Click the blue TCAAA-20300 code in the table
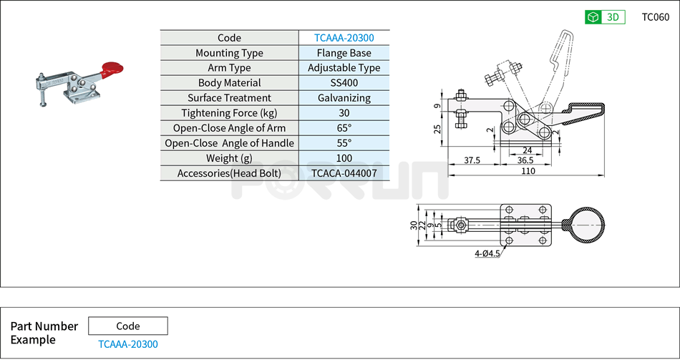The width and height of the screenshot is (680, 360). click(x=344, y=38)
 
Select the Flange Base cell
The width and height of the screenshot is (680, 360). click(x=344, y=53)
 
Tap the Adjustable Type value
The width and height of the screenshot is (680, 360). click(x=344, y=68)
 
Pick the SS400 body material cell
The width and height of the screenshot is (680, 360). click(x=344, y=83)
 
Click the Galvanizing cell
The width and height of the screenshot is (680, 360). click(x=344, y=98)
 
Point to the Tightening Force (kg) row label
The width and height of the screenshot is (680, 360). click(x=229, y=113)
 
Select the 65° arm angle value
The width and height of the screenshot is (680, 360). click(x=344, y=128)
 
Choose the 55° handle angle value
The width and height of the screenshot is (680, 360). click(x=344, y=143)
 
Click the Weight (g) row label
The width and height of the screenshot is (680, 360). click(x=229, y=158)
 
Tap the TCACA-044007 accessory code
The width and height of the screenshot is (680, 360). click(x=344, y=173)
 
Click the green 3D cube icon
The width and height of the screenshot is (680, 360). click(x=593, y=17)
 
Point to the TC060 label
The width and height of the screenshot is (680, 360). click(x=655, y=17)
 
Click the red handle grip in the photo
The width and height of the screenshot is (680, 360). click(x=112, y=69)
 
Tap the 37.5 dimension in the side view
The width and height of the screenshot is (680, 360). click(x=472, y=160)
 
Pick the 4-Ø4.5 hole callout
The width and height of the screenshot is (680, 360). click(x=487, y=253)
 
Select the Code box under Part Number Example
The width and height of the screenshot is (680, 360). click(x=128, y=326)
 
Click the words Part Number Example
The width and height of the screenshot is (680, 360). click(x=44, y=333)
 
